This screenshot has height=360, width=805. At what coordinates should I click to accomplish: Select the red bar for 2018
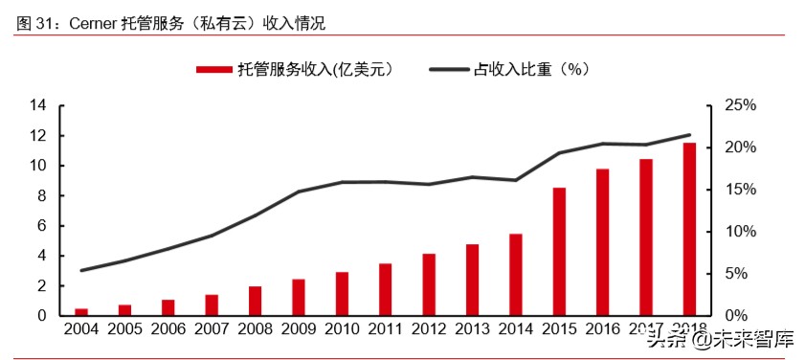coord(689,229)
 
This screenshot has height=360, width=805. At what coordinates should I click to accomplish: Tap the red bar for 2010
coord(342,294)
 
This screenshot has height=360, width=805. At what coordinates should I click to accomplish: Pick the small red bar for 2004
coord(81,311)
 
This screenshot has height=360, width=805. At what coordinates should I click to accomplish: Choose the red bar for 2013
coord(472,280)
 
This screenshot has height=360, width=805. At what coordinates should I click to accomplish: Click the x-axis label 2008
coord(255,329)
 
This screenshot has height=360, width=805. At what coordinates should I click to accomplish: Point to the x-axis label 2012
coord(429,329)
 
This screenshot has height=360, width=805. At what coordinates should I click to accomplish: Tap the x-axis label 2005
coord(124,329)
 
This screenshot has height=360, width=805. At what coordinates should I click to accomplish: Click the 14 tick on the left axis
coord(38,105)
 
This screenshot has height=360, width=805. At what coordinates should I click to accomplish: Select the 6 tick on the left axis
coord(42,226)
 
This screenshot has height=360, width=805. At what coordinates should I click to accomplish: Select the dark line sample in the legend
coord(449,69)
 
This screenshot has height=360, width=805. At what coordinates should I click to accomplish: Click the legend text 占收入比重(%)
coord(531,69)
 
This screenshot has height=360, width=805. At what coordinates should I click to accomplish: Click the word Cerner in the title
coord(92,22)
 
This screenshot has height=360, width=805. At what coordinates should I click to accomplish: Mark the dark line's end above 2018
coord(689,135)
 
